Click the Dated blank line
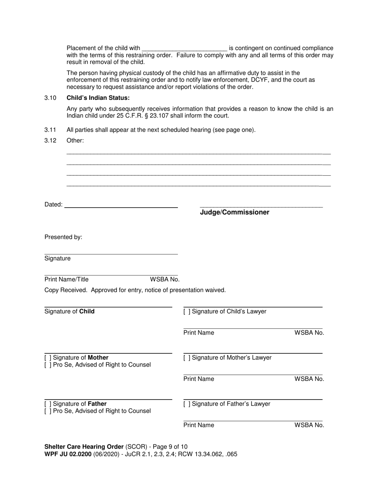click(121, 206)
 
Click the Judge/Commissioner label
click(234, 212)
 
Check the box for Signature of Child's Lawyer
click(186, 312)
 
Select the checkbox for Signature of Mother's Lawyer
click(186, 358)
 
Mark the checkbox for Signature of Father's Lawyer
click(186, 404)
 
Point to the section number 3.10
click(50, 98)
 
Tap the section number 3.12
click(50, 140)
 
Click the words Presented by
click(63, 237)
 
